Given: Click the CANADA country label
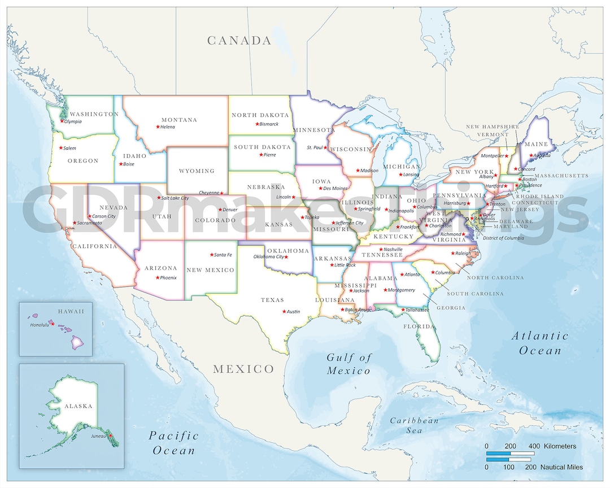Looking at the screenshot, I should [239, 41].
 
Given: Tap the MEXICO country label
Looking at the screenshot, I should [243, 369].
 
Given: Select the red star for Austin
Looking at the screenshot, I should [284, 311].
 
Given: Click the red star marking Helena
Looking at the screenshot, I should [158, 127].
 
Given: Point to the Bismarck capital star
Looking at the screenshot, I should [257, 124].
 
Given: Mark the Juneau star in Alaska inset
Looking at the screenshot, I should [111, 435].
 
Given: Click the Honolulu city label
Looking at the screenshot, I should [39, 325].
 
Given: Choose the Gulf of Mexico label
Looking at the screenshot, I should [349, 364].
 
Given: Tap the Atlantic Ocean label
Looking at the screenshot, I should [540, 343].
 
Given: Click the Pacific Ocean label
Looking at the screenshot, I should [174, 443].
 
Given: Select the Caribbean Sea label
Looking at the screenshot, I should [414, 425].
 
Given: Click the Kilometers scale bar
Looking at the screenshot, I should [510, 453].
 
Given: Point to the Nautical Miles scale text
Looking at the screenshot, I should [561, 467].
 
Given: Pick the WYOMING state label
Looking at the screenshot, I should [197, 171].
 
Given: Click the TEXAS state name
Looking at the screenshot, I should [272, 300].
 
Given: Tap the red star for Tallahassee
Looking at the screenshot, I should [403, 310].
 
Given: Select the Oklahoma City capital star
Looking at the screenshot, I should [286, 257].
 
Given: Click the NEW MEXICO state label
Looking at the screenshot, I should [210, 270].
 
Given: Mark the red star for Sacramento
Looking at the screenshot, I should [75, 223].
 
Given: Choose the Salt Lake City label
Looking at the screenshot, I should [175, 198].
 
